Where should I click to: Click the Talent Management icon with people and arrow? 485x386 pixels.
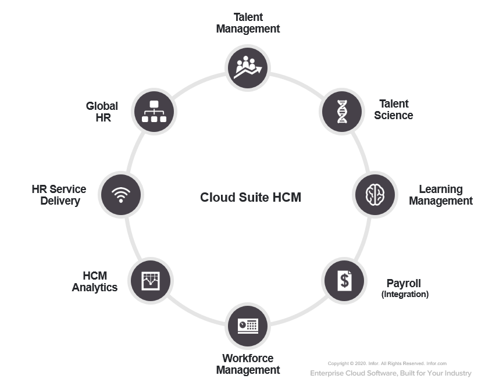pyautogui.click(x=248, y=67)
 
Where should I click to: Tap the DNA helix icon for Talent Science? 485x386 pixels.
pyautogui.click(x=343, y=111)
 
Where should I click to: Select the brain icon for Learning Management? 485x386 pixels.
pyautogui.click(x=376, y=195)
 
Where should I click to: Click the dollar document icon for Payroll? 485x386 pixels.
pyautogui.click(x=344, y=280)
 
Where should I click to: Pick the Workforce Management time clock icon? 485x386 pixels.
pyautogui.click(x=248, y=324)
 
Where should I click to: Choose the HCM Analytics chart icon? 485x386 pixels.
pyautogui.click(x=150, y=281)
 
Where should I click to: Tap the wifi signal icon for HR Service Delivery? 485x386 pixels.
pyautogui.click(x=121, y=194)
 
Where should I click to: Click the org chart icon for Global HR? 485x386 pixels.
pyautogui.click(x=154, y=111)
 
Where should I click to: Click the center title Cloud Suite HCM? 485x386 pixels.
pyautogui.click(x=251, y=197)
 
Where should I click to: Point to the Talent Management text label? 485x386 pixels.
pyautogui.click(x=248, y=23)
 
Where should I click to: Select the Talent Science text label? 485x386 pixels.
pyautogui.click(x=394, y=109)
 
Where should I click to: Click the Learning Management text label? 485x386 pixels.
pyautogui.click(x=441, y=195)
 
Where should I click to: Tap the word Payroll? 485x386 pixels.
pyautogui.click(x=404, y=284)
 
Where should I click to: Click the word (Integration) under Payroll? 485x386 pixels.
pyautogui.click(x=405, y=295)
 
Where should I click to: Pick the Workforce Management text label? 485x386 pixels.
pyautogui.click(x=248, y=364)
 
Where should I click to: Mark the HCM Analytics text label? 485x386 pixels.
pyautogui.click(x=95, y=281)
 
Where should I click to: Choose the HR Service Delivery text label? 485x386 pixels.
pyautogui.click(x=59, y=195)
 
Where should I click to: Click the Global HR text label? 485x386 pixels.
pyautogui.click(x=102, y=112)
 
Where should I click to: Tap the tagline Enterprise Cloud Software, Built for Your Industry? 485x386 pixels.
pyautogui.click(x=391, y=373)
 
